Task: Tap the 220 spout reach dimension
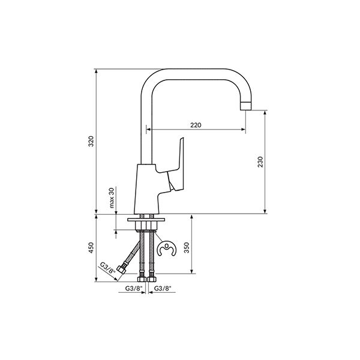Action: [196, 125]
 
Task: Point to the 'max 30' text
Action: [112, 197]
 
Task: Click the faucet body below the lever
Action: [147, 189]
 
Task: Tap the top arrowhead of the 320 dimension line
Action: [97, 71]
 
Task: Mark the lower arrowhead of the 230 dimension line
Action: [265, 211]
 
